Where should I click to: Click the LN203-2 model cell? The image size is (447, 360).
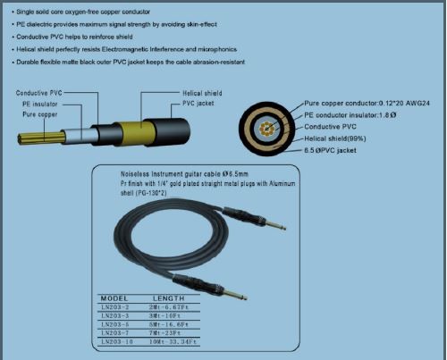pyautogui.click(x=115, y=306)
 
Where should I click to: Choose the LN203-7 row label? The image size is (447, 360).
pyautogui.click(x=115, y=333)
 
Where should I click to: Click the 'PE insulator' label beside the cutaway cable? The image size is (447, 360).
pyautogui.click(x=41, y=104)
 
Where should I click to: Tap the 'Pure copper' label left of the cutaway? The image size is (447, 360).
pyautogui.click(x=41, y=114)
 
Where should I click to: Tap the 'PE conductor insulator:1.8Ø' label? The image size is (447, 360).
pyautogui.click(x=350, y=115)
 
